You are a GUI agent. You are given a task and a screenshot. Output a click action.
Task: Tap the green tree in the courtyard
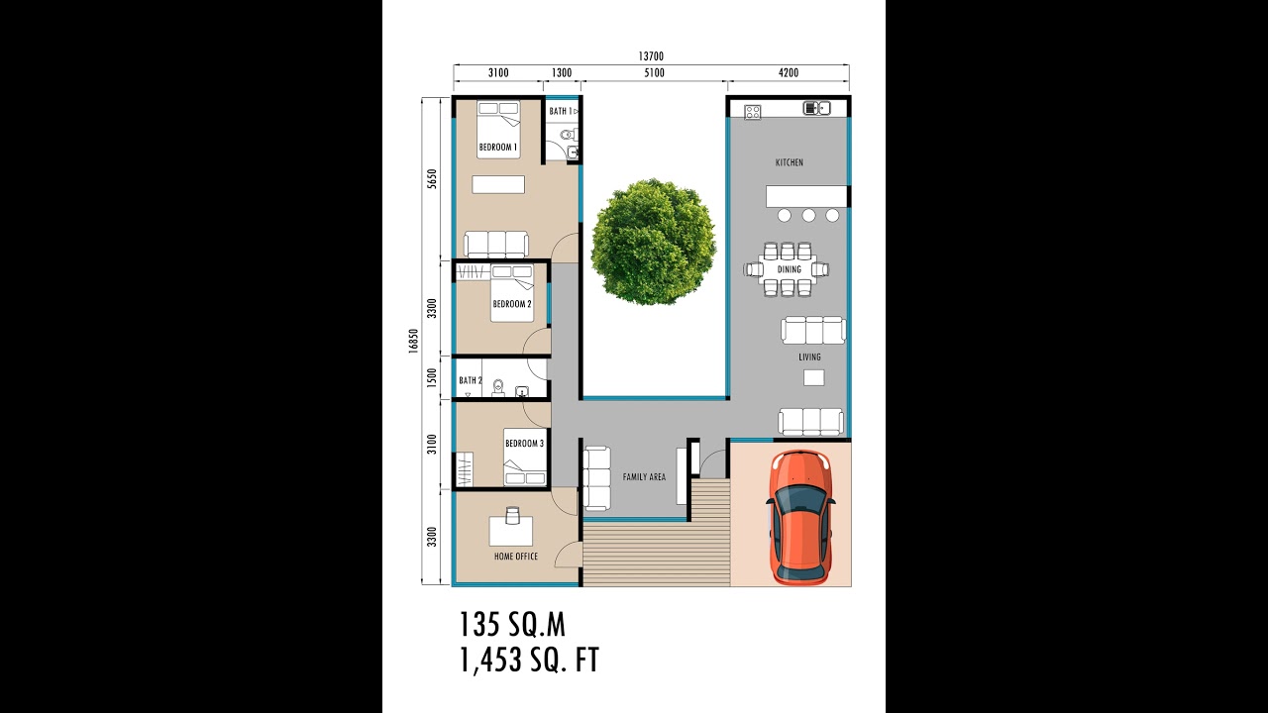pyautogui.click(x=653, y=242)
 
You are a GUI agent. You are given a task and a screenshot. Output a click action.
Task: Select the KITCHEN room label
pyautogui.click(x=790, y=162)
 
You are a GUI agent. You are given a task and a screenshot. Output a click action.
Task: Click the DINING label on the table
pyautogui.click(x=789, y=269)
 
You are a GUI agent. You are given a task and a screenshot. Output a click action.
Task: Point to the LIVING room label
pyautogui.click(x=809, y=357)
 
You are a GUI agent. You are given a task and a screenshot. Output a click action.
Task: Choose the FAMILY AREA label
pyautogui.click(x=644, y=477)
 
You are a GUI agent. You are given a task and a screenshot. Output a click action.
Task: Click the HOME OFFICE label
pyautogui.click(x=516, y=557)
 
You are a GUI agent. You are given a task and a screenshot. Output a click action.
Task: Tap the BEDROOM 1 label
pyautogui.click(x=497, y=148)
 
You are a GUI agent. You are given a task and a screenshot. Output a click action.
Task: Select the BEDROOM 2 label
pyautogui.click(x=511, y=304)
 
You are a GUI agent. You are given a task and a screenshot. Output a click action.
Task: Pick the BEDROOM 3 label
pyautogui.click(x=524, y=444)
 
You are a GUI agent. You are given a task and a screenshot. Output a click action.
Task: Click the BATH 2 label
pyautogui.click(x=471, y=380)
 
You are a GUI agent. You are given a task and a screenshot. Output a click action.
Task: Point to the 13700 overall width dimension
pyautogui.click(x=651, y=56)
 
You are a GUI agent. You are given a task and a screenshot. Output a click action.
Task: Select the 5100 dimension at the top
pyautogui.click(x=654, y=73)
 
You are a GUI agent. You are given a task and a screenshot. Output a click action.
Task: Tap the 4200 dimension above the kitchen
pyautogui.click(x=789, y=73)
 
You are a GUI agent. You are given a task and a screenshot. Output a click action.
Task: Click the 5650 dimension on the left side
pyautogui.click(x=431, y=179)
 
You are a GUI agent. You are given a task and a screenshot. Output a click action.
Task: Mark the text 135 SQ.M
pyautogui.click(x=511, y=625)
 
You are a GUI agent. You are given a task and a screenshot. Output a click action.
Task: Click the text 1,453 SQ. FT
pyautogui.click(x=529, y=661)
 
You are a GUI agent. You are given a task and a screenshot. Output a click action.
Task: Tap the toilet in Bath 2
pyautogui.click(x=498, y=384)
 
